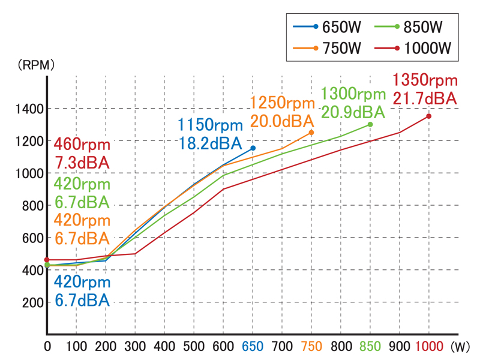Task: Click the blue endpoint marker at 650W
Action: [253, 148]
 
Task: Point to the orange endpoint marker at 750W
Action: [311, 132]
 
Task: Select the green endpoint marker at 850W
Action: [370, 124]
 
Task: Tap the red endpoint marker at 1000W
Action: [429, 116]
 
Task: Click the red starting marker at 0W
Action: [47, 260]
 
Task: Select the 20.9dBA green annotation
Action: [353, 112]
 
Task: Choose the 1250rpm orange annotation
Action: [282, 103]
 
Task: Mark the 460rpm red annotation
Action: [82, 145]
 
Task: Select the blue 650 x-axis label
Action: [253, 346]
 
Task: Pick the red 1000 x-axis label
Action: [429, 346]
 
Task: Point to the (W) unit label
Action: [461, 346]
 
